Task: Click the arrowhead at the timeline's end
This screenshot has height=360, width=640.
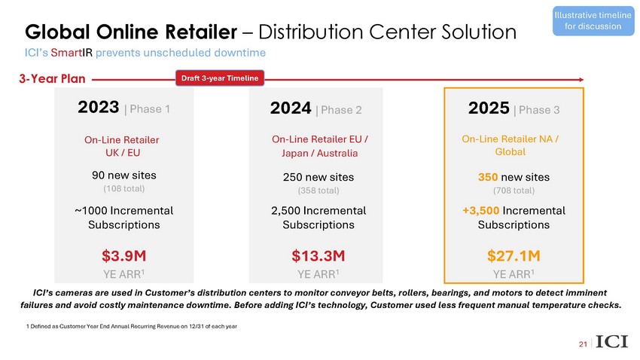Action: [582, 78]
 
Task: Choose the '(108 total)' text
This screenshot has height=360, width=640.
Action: [124, 188]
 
